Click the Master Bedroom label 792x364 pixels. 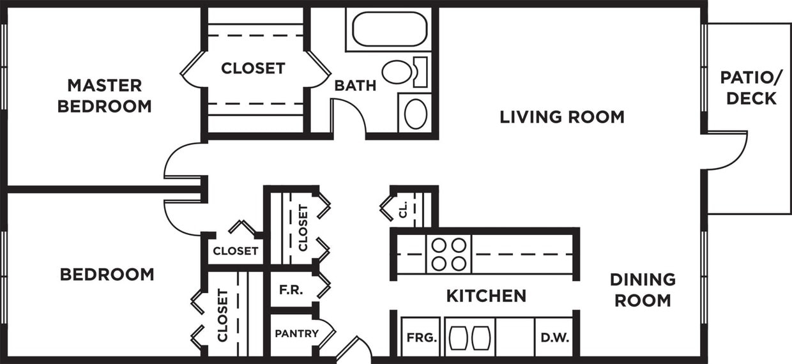pyautogui.click(x=105, y=95)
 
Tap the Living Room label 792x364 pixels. pyautogui.click(x=562, y=117)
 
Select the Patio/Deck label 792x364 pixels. pyautogui.click(x=750, y=87)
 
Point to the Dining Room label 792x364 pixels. pyautogui.click(x=643, y=289)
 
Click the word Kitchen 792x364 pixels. pyautogui.click(x=486, y=296)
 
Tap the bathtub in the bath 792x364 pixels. pyautogui.click(x=389, y=29)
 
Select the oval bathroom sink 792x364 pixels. pyautogui.click(x=416, y=114)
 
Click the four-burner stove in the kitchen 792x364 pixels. pyautogui.click(x=448, y=254)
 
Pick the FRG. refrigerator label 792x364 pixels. pyautogui.click(x=422, y=336)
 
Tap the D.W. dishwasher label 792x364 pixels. pyautogui.click(x=554, y=336)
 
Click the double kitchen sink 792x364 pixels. pyautogui.click(x=470, y=337)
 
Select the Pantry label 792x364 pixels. pyautogui.click(x=296, y=333)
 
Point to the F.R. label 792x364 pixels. pyautogui.click(x=291, y=289)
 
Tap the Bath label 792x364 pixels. pyautogui.click(x=355, y=85)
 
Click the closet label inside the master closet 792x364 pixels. pyautogui.click(x=253, y=68)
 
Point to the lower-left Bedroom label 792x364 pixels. pyautogui.click(x=107, y=275)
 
